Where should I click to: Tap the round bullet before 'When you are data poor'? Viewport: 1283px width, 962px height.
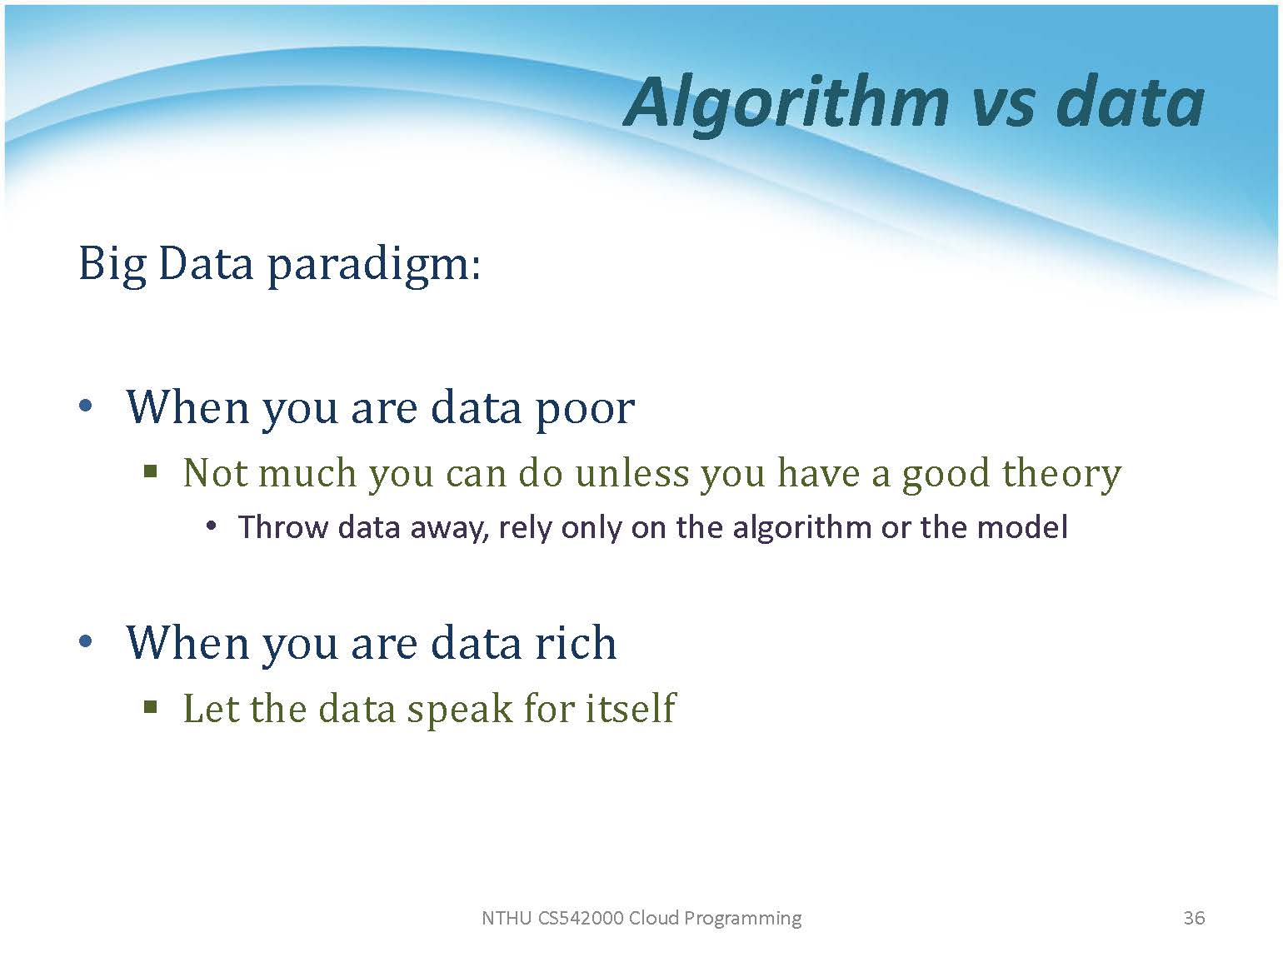86,406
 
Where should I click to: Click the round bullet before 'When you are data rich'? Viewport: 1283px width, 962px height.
86,641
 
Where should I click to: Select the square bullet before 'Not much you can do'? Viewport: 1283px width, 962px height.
151,471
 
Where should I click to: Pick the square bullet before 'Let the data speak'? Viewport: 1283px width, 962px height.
151,707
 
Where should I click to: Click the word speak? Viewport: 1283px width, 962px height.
460,710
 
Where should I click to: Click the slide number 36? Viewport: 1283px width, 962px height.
1194,918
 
